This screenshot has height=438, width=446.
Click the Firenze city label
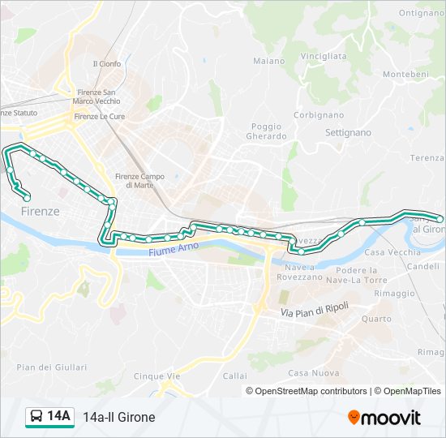[x=41, y=211]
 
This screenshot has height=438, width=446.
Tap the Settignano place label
[x=347, y=132]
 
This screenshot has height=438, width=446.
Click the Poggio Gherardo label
[x=266, y=131]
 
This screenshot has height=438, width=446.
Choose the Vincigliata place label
[x=323, y=56]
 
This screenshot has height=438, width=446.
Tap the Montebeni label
[x=405, y=74]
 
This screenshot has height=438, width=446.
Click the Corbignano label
[x=313, y=115]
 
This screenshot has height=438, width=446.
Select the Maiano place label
[x=268, y=61]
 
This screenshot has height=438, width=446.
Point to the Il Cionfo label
[x=106, y=64]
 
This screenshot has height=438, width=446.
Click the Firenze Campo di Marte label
[x=139, y=181]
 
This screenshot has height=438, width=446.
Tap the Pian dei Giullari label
[x=40, y=367]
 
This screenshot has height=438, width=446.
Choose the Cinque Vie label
[x=157, y=376]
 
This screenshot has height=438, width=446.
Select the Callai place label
[x=234, y=376]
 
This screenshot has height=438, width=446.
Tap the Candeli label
[x=425, y=266]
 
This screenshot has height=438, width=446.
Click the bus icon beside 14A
[x=36, y=417]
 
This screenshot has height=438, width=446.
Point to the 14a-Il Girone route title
[x=118, y=417]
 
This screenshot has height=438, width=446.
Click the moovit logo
[x=384, y=418]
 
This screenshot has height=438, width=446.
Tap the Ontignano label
[x=421, y=13]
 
